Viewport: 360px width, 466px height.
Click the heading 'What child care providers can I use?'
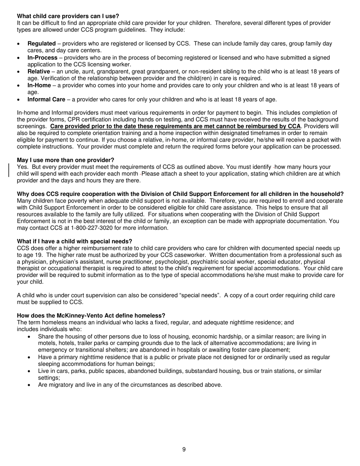68,16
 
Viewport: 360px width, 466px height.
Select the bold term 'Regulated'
41,44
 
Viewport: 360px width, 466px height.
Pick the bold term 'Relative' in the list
39,72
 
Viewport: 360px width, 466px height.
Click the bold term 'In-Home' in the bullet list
39,85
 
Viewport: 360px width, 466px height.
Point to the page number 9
184,450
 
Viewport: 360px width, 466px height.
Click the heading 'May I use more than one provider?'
66,160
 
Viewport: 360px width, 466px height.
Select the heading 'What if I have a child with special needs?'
75,241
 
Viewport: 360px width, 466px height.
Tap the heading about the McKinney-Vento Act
91,316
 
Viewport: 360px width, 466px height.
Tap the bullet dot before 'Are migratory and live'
30,385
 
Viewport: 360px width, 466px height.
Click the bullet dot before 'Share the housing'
30,337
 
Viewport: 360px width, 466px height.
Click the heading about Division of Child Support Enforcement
180,194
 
